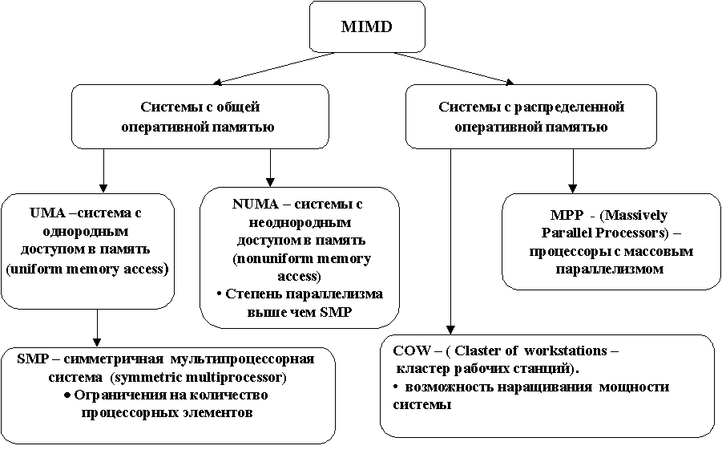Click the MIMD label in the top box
tap(366, 26)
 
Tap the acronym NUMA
tap(256, 204)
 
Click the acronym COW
tap(411, 351)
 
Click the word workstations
tap(566, 351)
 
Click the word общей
tap(238, 107)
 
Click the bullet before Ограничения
tap(67, 395)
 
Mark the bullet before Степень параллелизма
tap(220, 294)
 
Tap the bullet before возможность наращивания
tap(396, 387)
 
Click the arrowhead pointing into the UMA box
tap(103, 188)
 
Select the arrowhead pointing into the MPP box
tap(573, 188)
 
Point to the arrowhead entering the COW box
tap(451, 330)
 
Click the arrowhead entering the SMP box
tap(97, 342)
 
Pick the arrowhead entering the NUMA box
tap(270, 182)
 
